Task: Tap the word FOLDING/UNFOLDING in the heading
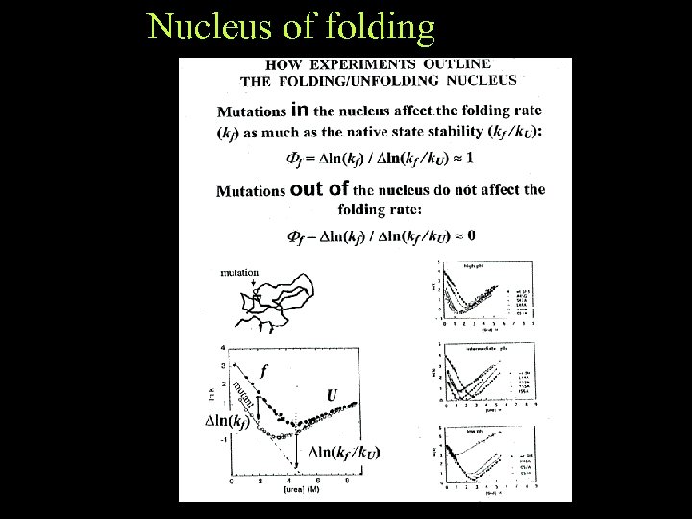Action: coord(369,80)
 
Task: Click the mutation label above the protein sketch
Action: coord(239,272)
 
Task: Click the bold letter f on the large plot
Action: coord(264,368)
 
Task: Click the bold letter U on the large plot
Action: coord(332,395)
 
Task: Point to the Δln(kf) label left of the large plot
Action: coord(231,420)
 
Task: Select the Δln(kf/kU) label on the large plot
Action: coord(344,453)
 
